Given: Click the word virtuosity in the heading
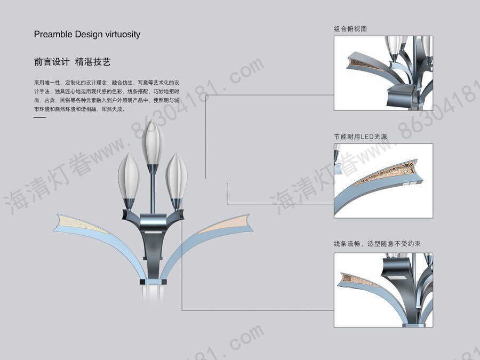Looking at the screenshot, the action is click(123, 34).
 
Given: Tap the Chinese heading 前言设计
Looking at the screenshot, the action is click(51, 62).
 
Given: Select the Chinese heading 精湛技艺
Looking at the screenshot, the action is click(93, 62).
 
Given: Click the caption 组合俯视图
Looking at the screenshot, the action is click(350, 29).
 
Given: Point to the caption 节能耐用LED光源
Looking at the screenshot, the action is click(361, 137).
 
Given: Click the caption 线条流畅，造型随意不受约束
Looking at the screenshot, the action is click(378, 244).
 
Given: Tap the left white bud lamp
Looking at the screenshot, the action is click(129, 176).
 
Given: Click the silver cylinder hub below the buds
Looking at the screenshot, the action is click(153, 220).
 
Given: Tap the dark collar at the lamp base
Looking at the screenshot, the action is click(151, 281).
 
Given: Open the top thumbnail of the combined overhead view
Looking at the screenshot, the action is click(383, 73).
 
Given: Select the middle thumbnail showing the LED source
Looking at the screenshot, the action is click(383, 180).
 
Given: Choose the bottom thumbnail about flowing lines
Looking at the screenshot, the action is click(383, 290).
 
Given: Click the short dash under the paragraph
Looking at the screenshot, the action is click(40, 117).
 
